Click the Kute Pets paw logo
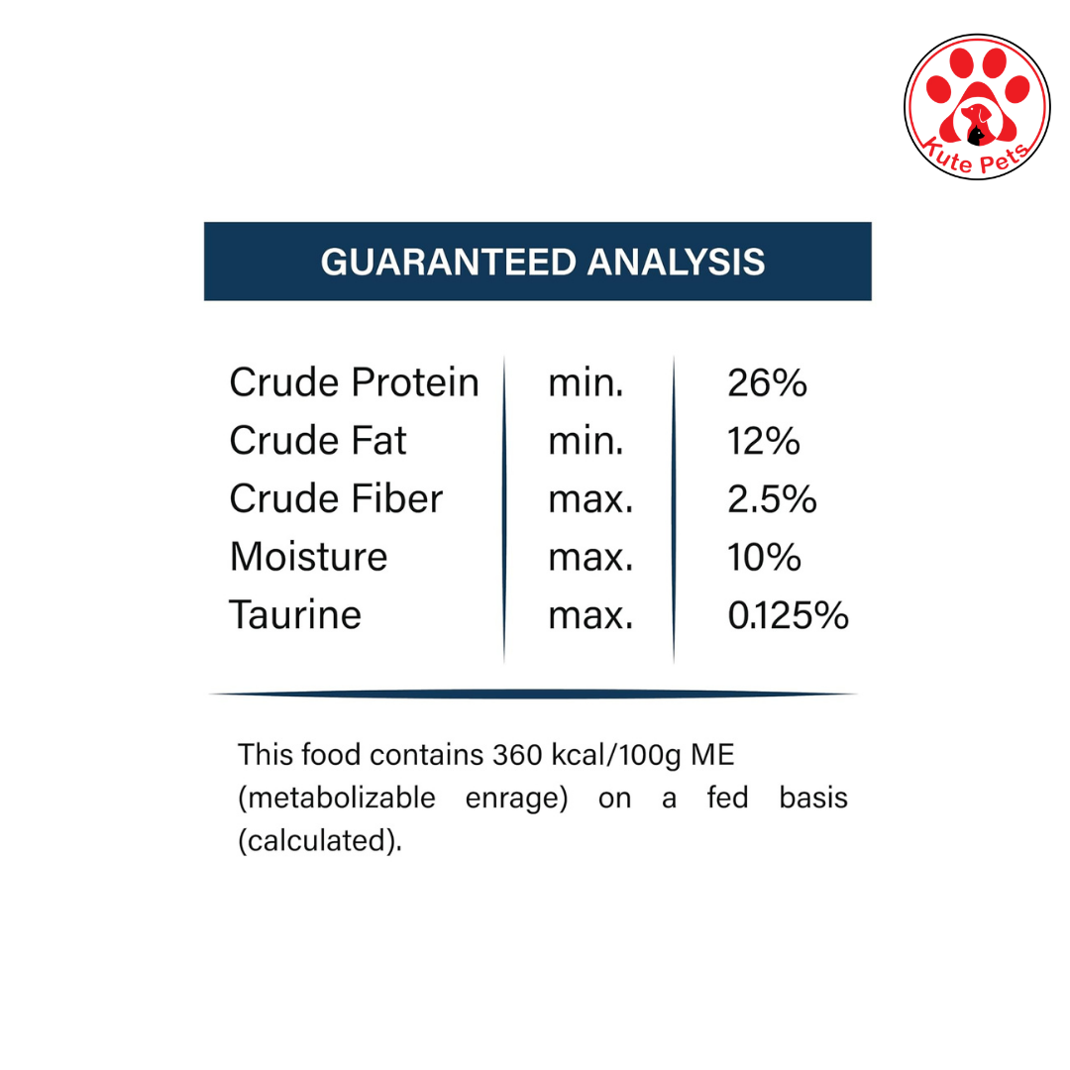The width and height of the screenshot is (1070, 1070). click(977, 107)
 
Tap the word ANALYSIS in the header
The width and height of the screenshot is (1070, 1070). click(677, 262)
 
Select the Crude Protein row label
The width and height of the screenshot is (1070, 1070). click(354, 382)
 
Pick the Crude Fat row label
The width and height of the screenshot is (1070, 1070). click(318, 440)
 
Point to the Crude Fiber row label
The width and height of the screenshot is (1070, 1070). click(337, 498)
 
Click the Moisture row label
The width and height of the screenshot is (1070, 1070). click(308, 557)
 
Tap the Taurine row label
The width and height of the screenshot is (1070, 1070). click(295, 615)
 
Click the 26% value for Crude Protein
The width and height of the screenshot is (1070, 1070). click(767, 382)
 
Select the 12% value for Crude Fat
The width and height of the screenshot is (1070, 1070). click(764, 441)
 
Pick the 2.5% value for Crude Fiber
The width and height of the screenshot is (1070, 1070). click(772, 498)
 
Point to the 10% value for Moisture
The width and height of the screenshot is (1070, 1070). click(764, 558)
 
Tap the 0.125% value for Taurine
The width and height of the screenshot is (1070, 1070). click(789, 615)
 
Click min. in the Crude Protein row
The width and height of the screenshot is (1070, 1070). click(587, 382)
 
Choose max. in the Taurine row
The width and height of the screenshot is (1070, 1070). click(590, 616)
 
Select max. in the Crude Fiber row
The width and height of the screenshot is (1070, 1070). click(590, 499)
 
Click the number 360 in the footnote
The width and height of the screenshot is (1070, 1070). click(518, 755)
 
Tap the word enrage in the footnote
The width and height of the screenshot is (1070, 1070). click(516, 799)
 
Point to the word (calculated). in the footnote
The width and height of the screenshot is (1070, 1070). click(320, 841)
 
